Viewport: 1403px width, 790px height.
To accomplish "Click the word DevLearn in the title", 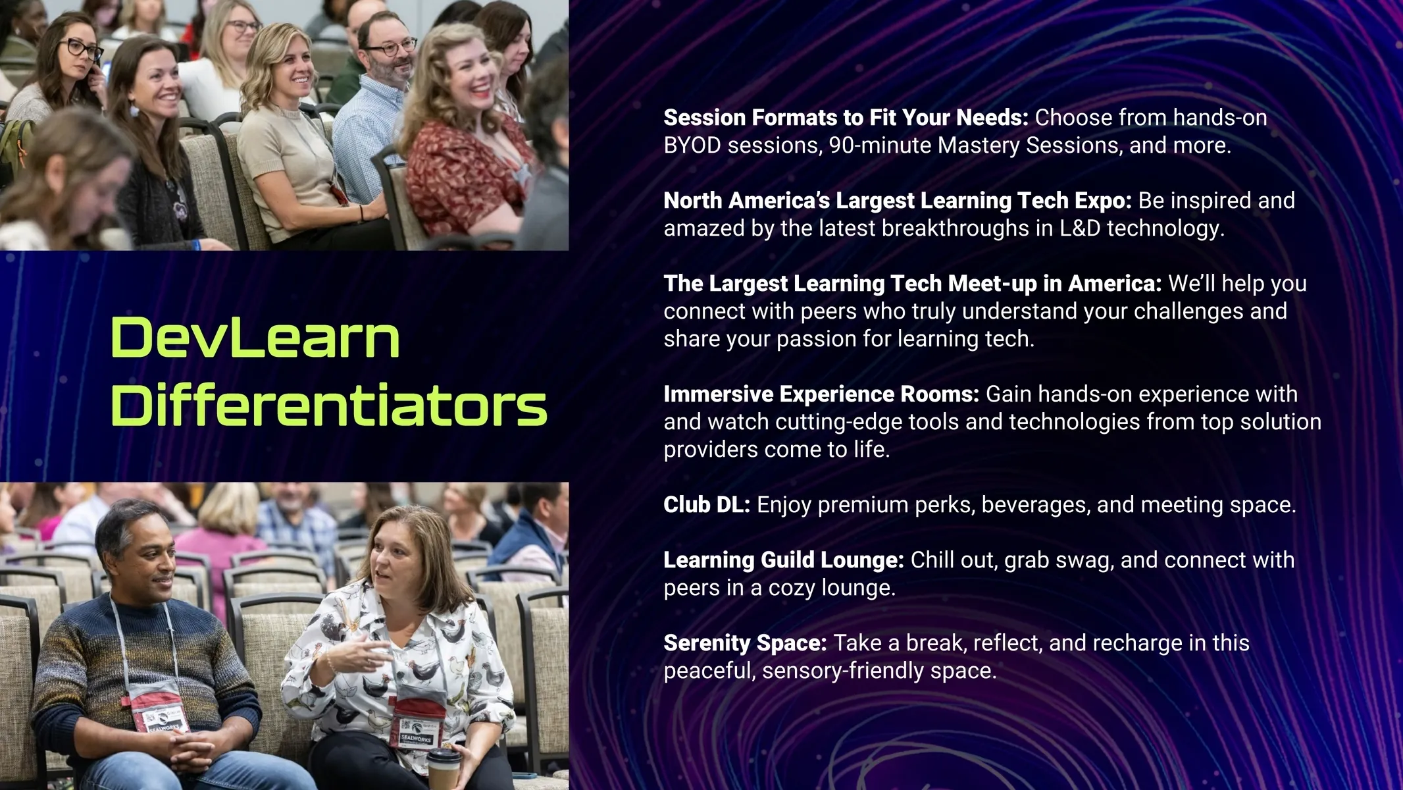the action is [255, 338].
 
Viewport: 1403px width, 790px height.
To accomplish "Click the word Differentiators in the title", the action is [329, 405].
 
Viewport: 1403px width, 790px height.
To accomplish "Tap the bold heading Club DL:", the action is [707, 504].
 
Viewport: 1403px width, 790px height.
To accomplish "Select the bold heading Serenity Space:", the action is [745, 643].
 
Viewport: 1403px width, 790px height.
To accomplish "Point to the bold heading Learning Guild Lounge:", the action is [784, 560].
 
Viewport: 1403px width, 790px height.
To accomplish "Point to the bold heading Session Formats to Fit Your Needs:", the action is [846, 117].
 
